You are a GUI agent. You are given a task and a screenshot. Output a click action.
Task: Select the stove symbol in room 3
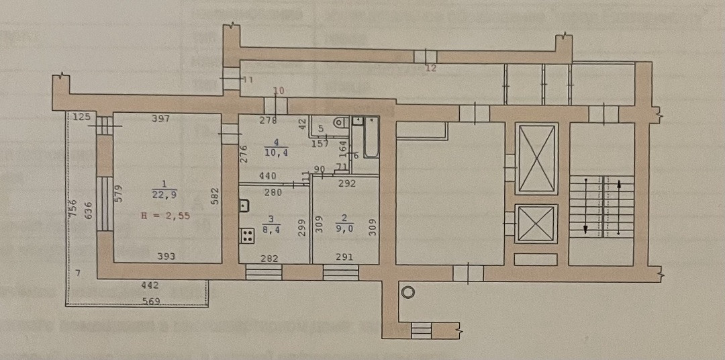pos(247,236)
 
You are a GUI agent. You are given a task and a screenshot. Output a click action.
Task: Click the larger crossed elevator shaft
pos(536,159)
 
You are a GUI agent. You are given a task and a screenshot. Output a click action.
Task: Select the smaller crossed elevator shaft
pos(536,224)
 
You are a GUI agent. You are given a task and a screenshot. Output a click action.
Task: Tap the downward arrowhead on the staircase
pos(586,230)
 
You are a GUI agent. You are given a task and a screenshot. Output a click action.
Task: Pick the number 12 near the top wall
pos(431,68)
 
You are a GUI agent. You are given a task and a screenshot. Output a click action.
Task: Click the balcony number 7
pos(78,272)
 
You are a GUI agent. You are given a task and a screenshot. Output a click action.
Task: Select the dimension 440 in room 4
pos(269,176)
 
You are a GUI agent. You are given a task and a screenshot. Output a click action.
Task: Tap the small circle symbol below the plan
pos(407,291)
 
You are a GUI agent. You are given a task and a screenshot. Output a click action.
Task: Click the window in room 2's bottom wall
pos(340,272)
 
